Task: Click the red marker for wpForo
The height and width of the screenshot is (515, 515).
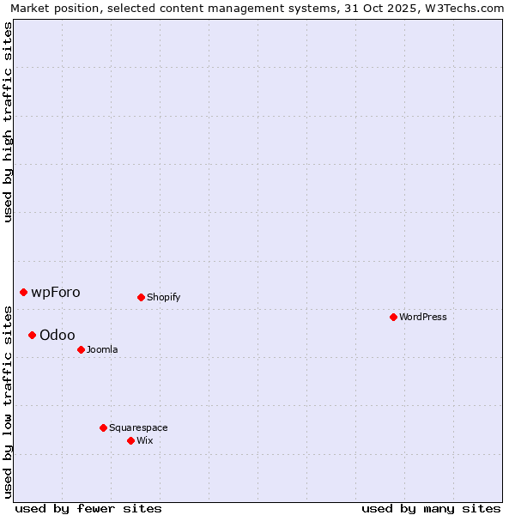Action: point(23,293)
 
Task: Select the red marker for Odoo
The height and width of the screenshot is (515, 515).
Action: point(32,335)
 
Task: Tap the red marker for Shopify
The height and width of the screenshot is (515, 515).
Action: point(141,298)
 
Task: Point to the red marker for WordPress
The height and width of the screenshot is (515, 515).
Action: point(393,318)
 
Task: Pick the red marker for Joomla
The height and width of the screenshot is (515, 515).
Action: point(81,350)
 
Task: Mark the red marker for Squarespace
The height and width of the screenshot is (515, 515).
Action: point(103,427)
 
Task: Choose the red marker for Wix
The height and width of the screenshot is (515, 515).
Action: point(130,441)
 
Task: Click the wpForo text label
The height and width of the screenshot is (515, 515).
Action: point(56,293)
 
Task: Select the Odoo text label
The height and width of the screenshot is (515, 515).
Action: point(58,335)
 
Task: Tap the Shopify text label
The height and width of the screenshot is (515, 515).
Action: point(164,298)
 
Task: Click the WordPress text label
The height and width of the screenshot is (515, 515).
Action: point(423,318)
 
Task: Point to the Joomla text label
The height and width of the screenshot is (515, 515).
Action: point(102,350)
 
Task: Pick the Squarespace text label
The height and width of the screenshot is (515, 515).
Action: point(138,427)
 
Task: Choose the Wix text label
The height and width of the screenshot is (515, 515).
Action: point(145,441)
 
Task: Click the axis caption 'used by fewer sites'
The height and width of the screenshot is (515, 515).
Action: point(88,508)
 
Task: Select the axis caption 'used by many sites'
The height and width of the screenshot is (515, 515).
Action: point(431,508)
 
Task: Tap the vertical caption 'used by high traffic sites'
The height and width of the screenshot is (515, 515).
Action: point(9,122)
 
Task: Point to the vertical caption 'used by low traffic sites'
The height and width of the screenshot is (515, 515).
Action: point(9,402)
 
